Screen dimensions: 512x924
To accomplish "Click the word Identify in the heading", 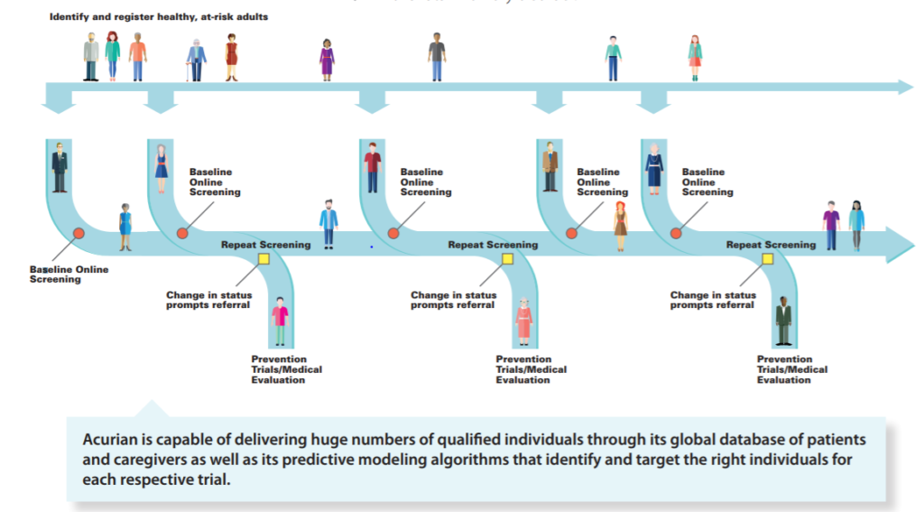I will tap(69, 17).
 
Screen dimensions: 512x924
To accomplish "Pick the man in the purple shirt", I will tap(830, 226).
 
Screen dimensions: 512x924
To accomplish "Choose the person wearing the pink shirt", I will tap(281, 321).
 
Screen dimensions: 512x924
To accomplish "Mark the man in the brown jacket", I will tap(550, 166).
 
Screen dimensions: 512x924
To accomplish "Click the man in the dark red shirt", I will tap(372, 166).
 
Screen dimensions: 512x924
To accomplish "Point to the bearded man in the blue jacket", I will tap(328, 223).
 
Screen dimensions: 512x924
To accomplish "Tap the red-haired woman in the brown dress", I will tap(620, 226).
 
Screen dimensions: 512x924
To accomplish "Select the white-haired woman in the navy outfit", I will tap(654, 167).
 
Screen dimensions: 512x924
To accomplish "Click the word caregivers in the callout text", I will tap(147, 460).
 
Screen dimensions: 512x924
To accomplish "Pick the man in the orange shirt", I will tap(137, 57).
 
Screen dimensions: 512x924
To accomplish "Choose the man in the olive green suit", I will tap(783, 322).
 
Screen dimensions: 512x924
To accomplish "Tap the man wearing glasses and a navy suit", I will tap(59, 167).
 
